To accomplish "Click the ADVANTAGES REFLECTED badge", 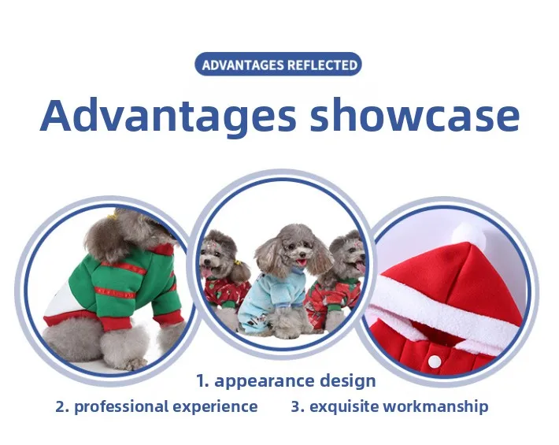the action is (278, 64).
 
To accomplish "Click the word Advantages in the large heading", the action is (168, 114).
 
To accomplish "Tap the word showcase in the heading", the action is (415, 113).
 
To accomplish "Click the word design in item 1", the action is (347, 381).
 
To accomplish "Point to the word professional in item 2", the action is (121, 407).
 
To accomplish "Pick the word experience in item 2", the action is (215, 407).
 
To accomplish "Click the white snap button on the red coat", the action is (435, 362).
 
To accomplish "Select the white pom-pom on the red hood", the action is (468, 234).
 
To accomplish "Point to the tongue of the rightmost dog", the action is (361, 267).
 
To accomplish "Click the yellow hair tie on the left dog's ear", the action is (237, 264).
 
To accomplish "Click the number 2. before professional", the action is (62, 406).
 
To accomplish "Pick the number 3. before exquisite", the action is (298, 406).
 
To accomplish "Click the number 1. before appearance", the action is (202, 381).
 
